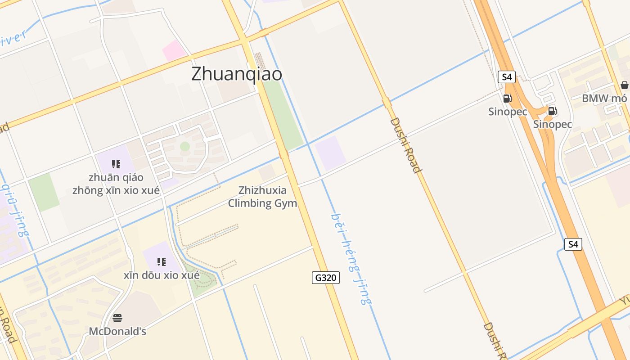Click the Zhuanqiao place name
click(237, 74)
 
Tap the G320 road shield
click(325, 278)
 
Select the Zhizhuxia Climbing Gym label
click(262, 197)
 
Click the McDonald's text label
click(117, 332)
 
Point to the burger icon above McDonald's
click(117, 319)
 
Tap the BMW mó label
click(604, 98)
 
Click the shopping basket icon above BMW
click(624, 85)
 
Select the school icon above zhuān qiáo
click(116, 164)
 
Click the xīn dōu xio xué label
click(162, 275)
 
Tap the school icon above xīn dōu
click(162, 262)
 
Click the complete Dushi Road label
click(405, 145)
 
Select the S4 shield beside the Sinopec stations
click(507, 77)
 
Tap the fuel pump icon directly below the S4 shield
click(507, 99)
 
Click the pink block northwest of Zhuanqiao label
click(174, 50)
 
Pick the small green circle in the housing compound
click(185, 146)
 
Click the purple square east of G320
click(330, 153)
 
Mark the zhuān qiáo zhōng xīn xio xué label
click(116, 184)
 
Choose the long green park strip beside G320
click(283, 115)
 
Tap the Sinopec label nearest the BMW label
click(553, 124)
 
